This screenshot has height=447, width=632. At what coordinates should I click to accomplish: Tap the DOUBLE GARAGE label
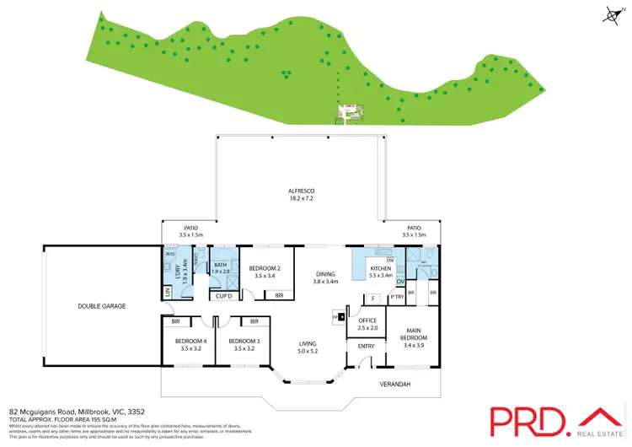[x=102, y=305]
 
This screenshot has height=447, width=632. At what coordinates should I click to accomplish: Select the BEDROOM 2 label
[x=265, y=268]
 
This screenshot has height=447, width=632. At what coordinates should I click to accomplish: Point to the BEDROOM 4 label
[x=190, y=342]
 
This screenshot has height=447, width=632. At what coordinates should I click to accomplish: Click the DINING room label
[x=325, y=274]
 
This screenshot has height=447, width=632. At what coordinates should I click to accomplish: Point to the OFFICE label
[x=367, y=320]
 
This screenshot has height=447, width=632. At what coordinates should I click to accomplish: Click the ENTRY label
[x=367, y=346]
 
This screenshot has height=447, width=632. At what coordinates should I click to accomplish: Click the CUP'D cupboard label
[x=224, y=295]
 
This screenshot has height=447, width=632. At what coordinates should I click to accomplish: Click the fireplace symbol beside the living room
[x=341, y=317]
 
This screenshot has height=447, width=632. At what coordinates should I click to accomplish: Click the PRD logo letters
[x=528, y=420]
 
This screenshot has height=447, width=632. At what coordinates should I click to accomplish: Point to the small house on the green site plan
[x=347, y=110]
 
